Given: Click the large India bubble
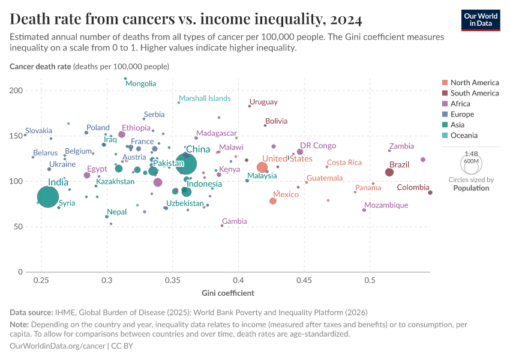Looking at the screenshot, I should (48, 196).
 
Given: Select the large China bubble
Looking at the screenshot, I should (187, 163).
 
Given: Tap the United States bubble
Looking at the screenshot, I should (262, 167).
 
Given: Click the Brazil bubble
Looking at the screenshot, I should (389, 172).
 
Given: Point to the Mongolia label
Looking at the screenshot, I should (140, 84).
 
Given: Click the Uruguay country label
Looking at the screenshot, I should (263, 102).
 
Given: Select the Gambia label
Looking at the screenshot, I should (234, 221).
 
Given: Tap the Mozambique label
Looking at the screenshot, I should (386, 205).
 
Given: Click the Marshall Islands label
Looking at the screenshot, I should (205, 98).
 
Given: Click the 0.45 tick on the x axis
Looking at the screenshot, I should (304, 280).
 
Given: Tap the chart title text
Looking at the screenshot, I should (186, 20).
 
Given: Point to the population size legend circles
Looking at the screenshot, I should (471, 162).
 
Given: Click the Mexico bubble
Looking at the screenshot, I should (273, 201).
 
